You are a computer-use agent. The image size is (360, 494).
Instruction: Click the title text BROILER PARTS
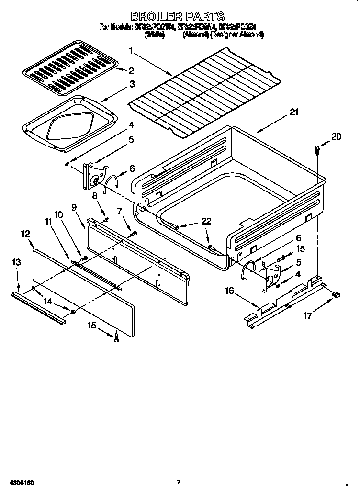click(x=178, y=17)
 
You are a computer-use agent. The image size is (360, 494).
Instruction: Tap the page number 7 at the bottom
click(x=178, y=482)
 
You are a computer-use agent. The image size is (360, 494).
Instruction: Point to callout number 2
click(x=131, y=70)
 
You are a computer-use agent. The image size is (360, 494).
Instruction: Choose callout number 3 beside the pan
click(x=131, y=84)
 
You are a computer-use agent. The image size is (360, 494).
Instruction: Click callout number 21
click(x=293, y=112)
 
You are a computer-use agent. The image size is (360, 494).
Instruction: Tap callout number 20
click(x=337, y=136)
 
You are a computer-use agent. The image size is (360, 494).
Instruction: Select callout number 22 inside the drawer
click(x=205, y=221)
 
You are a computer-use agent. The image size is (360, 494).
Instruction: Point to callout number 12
click(x=25, y=234)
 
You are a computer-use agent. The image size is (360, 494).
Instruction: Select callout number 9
click(x=74, y=207)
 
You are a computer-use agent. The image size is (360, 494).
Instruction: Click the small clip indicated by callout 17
click(x=336, y=295)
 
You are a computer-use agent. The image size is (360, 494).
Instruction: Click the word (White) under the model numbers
click(x=154, y=35)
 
